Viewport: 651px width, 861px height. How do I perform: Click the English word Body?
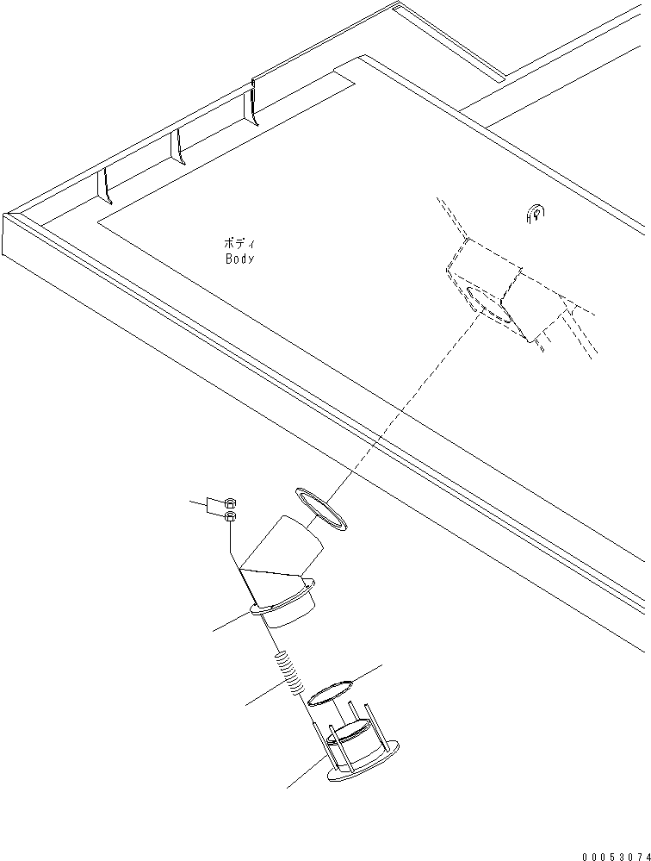(239, 259)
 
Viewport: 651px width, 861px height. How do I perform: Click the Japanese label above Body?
(239, 243)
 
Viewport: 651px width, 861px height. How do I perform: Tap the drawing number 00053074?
(617, 856)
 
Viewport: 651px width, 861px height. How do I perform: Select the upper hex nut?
(230, 502)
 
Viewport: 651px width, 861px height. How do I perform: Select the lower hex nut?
(230, 515)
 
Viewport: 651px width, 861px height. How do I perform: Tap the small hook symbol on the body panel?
(536, 214)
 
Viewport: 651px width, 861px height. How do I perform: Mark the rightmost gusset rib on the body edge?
(253, 103)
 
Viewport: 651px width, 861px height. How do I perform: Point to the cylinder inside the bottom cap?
(351, 743)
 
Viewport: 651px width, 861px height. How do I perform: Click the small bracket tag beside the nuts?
(214, 505)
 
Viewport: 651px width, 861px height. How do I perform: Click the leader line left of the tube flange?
(232, 621)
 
